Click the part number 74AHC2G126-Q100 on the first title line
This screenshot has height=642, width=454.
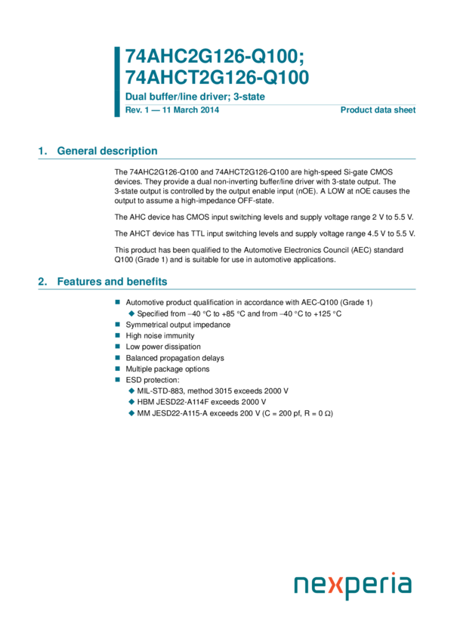tap(214, 57)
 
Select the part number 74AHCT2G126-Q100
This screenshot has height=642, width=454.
tap(217, 78)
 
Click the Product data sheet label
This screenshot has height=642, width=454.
tap(378, 110)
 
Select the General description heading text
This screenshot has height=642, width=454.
tap(107, 151)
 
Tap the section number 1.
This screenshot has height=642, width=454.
tap(42, 151)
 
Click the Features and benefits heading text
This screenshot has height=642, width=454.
tap(112, 282)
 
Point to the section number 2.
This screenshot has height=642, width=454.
tap(42, 282)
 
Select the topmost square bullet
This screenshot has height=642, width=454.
tap(117, 301)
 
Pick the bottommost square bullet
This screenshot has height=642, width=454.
tap(117, 380)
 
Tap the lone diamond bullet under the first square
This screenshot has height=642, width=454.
tap(131, 313)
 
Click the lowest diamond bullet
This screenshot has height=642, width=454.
tap(131, 413)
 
